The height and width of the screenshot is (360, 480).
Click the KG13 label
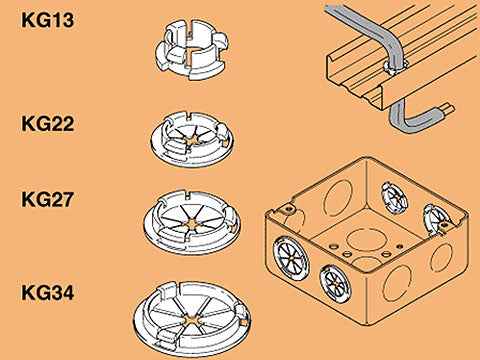point(47,20)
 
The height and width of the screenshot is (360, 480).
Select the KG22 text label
point(47,124)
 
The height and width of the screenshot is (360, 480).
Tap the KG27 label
point(47,199)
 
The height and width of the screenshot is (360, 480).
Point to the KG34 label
point(47,292)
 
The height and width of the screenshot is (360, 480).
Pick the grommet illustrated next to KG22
point(192,139)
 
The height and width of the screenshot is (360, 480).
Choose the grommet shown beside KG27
point(192,222)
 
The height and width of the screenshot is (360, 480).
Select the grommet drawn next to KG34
point(192,318)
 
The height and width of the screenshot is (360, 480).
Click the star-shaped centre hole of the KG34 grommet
point(191,321)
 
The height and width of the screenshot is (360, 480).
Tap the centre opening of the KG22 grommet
point(192,141)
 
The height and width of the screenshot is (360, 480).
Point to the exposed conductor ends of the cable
point(446,109)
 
